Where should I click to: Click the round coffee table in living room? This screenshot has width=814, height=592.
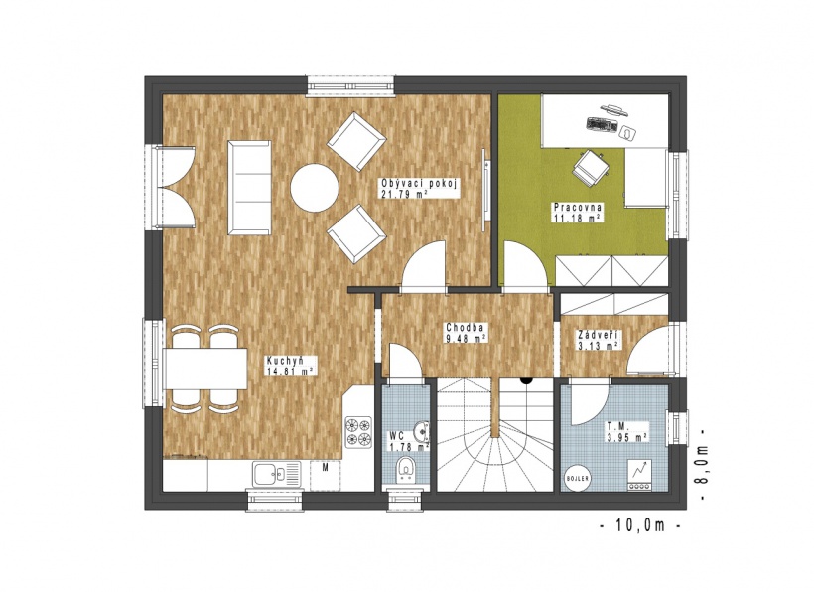pos(314,188)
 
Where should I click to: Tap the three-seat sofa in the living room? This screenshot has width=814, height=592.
pos(249,188)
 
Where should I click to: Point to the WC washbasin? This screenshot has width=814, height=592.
pos(422,430)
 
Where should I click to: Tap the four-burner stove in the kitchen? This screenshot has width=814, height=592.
pos(358,431)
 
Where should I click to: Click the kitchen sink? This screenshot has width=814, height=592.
pos(276,474)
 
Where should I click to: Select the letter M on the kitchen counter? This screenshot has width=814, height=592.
pos(325,468)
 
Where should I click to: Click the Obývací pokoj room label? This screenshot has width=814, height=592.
pos(419,184)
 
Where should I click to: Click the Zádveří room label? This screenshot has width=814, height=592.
pos(600,335)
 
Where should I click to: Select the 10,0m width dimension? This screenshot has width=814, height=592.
pos(640,525)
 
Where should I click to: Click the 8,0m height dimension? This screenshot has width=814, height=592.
pos(702,465)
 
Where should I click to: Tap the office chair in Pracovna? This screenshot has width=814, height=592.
pos(590,167)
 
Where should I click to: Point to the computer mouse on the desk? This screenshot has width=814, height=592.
pos(627,133)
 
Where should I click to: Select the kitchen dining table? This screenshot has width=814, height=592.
pos(205,369)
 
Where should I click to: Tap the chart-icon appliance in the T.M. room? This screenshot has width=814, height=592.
pos(639,475)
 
